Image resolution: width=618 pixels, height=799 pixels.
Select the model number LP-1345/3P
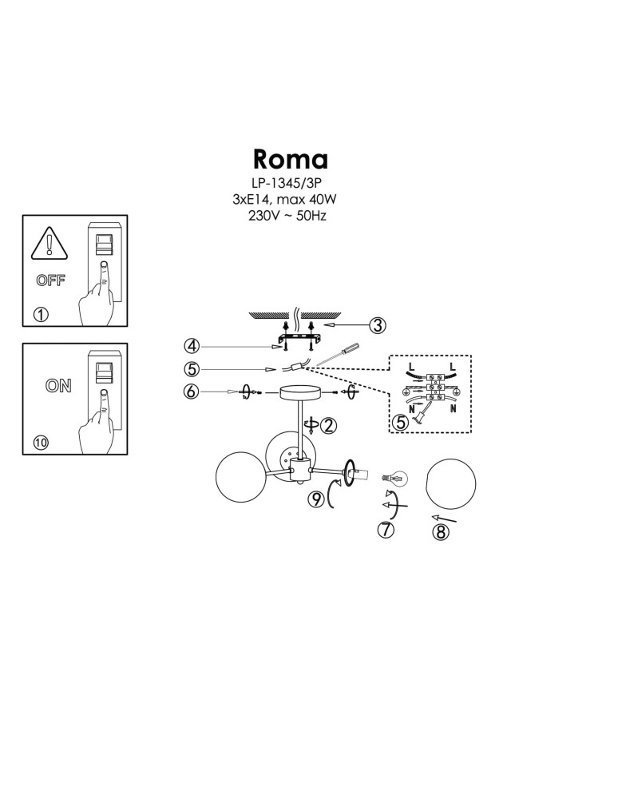click(x=291, y=183)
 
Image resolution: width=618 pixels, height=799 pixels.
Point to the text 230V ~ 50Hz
click(x=288, y=216)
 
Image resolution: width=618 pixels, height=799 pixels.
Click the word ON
click(x=58, y=386)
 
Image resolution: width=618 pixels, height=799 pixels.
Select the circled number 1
click(x=41, y=314)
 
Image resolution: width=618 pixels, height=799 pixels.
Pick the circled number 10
click(x=41, y=443)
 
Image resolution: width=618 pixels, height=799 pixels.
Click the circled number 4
click(x=191, y=346)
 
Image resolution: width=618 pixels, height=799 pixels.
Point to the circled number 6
click(x=191, y=392)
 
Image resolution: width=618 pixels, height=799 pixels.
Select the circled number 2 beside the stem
click(x=329, y=426)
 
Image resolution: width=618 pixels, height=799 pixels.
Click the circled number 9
click(x=317, y=499)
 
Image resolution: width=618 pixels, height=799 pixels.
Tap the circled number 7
click(x=386, y=528)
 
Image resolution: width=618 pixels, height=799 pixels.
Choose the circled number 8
click(x=440, y=531)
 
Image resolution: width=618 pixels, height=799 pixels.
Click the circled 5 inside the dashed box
click(x=401, y=421)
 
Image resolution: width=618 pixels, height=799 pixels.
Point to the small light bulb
click(x=394, y=478)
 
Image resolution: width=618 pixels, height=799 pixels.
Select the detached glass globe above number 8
click(x=451, y=484)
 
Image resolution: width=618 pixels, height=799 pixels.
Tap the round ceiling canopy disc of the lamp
click(x=299, y=393)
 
